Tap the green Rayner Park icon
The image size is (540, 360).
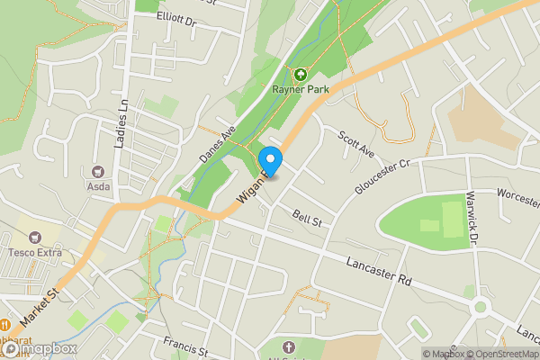[x=300, y=74]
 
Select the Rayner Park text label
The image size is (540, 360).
[x=300, y=89]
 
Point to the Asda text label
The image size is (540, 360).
[x=98, y=186]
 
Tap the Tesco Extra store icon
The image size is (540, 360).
[x=35, y=238]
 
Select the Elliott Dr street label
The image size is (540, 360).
[x=175, y=17]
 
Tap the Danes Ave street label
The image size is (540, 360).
[x=216, y=143]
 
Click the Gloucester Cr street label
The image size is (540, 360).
[x=382, y=177]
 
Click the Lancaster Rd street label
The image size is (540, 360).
[x=379, y=271]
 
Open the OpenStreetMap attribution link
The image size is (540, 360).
[x=502, y=354]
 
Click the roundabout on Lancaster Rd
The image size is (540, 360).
[x=480, y=307]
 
